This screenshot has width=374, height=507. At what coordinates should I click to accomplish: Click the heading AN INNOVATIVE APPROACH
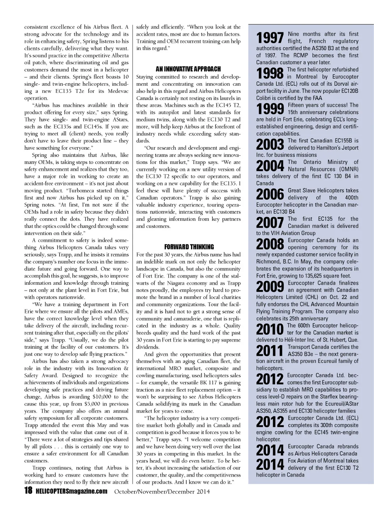(188, 69)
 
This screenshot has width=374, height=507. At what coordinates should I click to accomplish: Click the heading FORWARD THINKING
(189, 247)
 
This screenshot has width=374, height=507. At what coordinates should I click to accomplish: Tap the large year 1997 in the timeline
(270, 38)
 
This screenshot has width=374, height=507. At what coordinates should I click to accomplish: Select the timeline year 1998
(270, 73)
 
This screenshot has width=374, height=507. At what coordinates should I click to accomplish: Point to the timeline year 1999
(270, 109)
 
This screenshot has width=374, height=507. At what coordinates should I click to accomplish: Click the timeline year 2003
(270, 145)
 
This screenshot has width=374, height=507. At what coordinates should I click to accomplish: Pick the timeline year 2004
(270, 166)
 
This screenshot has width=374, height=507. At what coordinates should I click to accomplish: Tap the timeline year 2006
(270, 194)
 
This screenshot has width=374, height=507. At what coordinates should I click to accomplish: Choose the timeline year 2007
(270, 223)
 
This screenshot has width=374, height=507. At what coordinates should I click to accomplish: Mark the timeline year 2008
(270, 244)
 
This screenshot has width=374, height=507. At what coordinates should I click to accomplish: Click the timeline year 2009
(270, 287)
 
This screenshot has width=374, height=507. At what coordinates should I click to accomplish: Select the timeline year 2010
(270, 329)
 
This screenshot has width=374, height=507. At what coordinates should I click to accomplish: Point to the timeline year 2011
(270, 351)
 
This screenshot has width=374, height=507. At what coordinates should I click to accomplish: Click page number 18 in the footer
(28, 491)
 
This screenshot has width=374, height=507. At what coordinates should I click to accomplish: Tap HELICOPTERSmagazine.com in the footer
(72, 491)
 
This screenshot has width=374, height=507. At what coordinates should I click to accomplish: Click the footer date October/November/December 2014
(162, 491)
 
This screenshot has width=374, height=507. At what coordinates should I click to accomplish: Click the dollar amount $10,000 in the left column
(100, 397)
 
